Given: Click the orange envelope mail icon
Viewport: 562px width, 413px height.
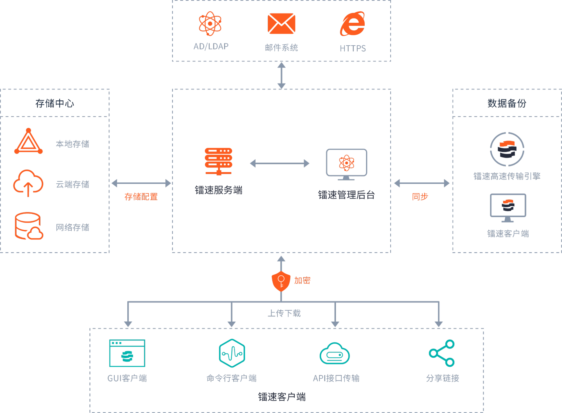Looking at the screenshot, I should pos(281,24).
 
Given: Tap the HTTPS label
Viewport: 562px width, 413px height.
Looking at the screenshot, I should pos(353,48).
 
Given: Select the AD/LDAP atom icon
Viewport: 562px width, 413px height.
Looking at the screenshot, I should pos(210,24).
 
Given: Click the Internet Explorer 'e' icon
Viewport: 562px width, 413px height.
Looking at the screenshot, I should pos(353,24).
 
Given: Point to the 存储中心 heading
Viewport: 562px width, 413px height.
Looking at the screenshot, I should pos(55,103).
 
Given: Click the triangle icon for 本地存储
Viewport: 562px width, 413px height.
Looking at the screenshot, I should pos(28,142).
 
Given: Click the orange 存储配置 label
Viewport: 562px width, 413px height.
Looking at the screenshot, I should pos(141,197).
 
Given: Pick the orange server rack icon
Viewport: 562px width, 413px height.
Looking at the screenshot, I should pos(218,161).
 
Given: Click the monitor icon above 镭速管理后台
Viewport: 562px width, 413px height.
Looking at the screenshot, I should pos(346,164).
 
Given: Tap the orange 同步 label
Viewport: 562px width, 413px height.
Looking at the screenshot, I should pos(420,197).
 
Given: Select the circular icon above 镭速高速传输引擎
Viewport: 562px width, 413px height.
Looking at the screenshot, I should pos(507,149).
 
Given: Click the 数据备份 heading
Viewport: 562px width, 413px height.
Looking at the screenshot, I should pos(507,103).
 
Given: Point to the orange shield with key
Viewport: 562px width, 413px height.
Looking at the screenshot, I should pos(281,281).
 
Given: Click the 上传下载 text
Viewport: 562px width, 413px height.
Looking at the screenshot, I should pos(284,313).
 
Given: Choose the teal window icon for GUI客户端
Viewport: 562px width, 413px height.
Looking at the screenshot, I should pos(127,353).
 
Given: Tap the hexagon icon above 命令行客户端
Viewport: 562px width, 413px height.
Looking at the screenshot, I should pos(232,353).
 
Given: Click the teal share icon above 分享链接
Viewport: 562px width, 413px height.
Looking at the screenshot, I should pos(442,353).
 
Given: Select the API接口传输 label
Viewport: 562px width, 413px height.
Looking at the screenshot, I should pos(336,378).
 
